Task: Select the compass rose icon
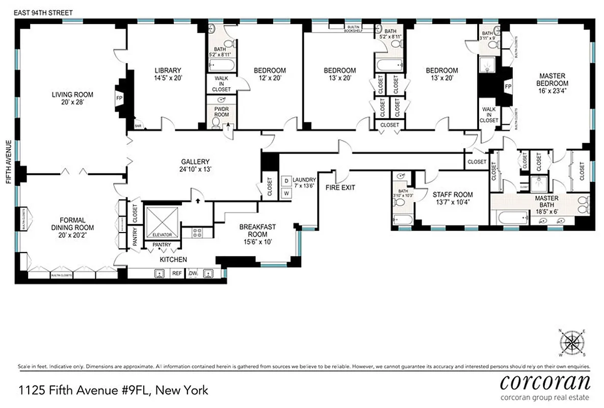coord(574,343)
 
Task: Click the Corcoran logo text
coord(545,382)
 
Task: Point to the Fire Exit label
coord(340,188)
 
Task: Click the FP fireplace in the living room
coord(120,98)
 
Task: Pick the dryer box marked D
coord(286,181)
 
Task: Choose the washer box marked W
coord(286,193)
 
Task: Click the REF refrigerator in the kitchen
coord(177,273)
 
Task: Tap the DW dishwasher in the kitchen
coord(193,273)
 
